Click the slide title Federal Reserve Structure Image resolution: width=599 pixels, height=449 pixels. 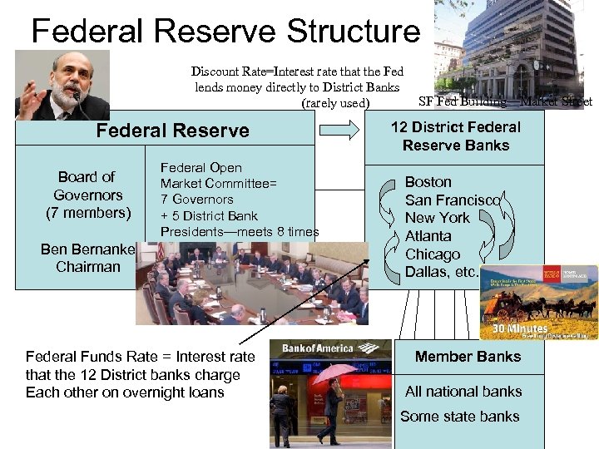coord(225,32)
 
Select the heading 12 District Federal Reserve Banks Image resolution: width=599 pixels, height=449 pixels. coord(456,136)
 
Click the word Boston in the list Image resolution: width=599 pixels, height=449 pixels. coord(428,181)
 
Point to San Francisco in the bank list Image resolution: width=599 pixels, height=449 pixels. coord(452,200)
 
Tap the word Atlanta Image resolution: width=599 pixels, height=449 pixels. coord(428,236)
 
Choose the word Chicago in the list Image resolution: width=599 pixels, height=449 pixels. coord(432,254)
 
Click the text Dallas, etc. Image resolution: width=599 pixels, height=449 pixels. coord(442,272)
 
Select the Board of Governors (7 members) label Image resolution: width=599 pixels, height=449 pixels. coord(87,195)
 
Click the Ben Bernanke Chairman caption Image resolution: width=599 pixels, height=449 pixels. coord(87,258)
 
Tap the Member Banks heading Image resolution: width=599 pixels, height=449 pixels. coord(468,357)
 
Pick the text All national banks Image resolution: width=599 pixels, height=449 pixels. coord(463,392)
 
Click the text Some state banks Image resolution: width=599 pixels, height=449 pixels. coord(459,417)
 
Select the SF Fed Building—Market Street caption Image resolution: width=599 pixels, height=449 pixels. coord(505,101)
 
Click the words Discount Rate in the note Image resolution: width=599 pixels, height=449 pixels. coord(225,72)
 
